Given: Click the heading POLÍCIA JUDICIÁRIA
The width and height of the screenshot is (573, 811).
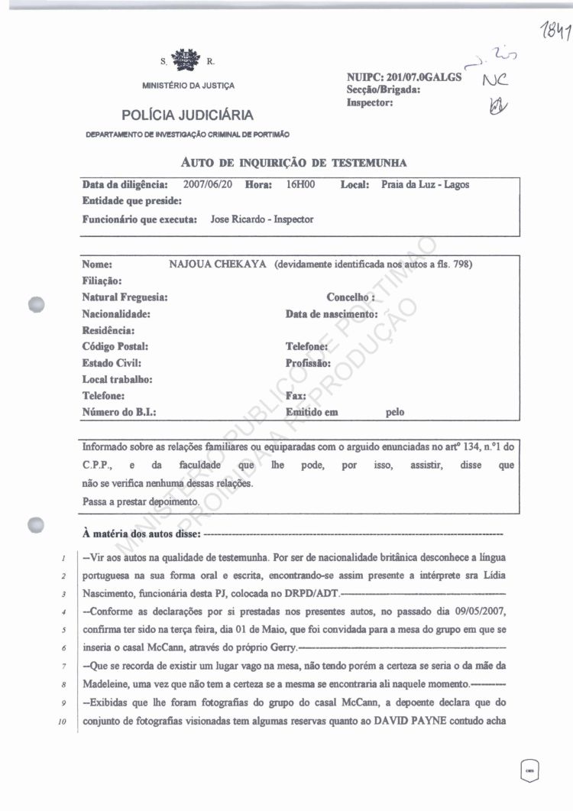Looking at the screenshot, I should [187, 115].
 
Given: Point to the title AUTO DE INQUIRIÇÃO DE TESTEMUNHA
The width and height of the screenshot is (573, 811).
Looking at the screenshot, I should [293, 162].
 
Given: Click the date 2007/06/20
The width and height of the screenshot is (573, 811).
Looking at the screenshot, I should [209, 185].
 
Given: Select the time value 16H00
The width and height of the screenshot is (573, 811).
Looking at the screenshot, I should [299, 185].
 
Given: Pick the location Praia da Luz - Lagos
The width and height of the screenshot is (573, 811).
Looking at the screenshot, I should [426, 185].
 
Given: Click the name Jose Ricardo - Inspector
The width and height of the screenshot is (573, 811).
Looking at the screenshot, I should [262, 219].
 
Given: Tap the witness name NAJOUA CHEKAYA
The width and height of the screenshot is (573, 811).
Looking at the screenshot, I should [217, 264].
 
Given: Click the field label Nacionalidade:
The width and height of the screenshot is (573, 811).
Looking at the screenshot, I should [115, 314].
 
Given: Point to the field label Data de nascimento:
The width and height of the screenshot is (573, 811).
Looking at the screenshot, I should [332, 314].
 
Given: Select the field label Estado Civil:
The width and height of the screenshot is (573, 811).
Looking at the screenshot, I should [111, 363].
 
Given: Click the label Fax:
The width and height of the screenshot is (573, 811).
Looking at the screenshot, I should [296, 396].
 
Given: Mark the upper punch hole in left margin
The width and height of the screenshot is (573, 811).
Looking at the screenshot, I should [36, 303].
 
